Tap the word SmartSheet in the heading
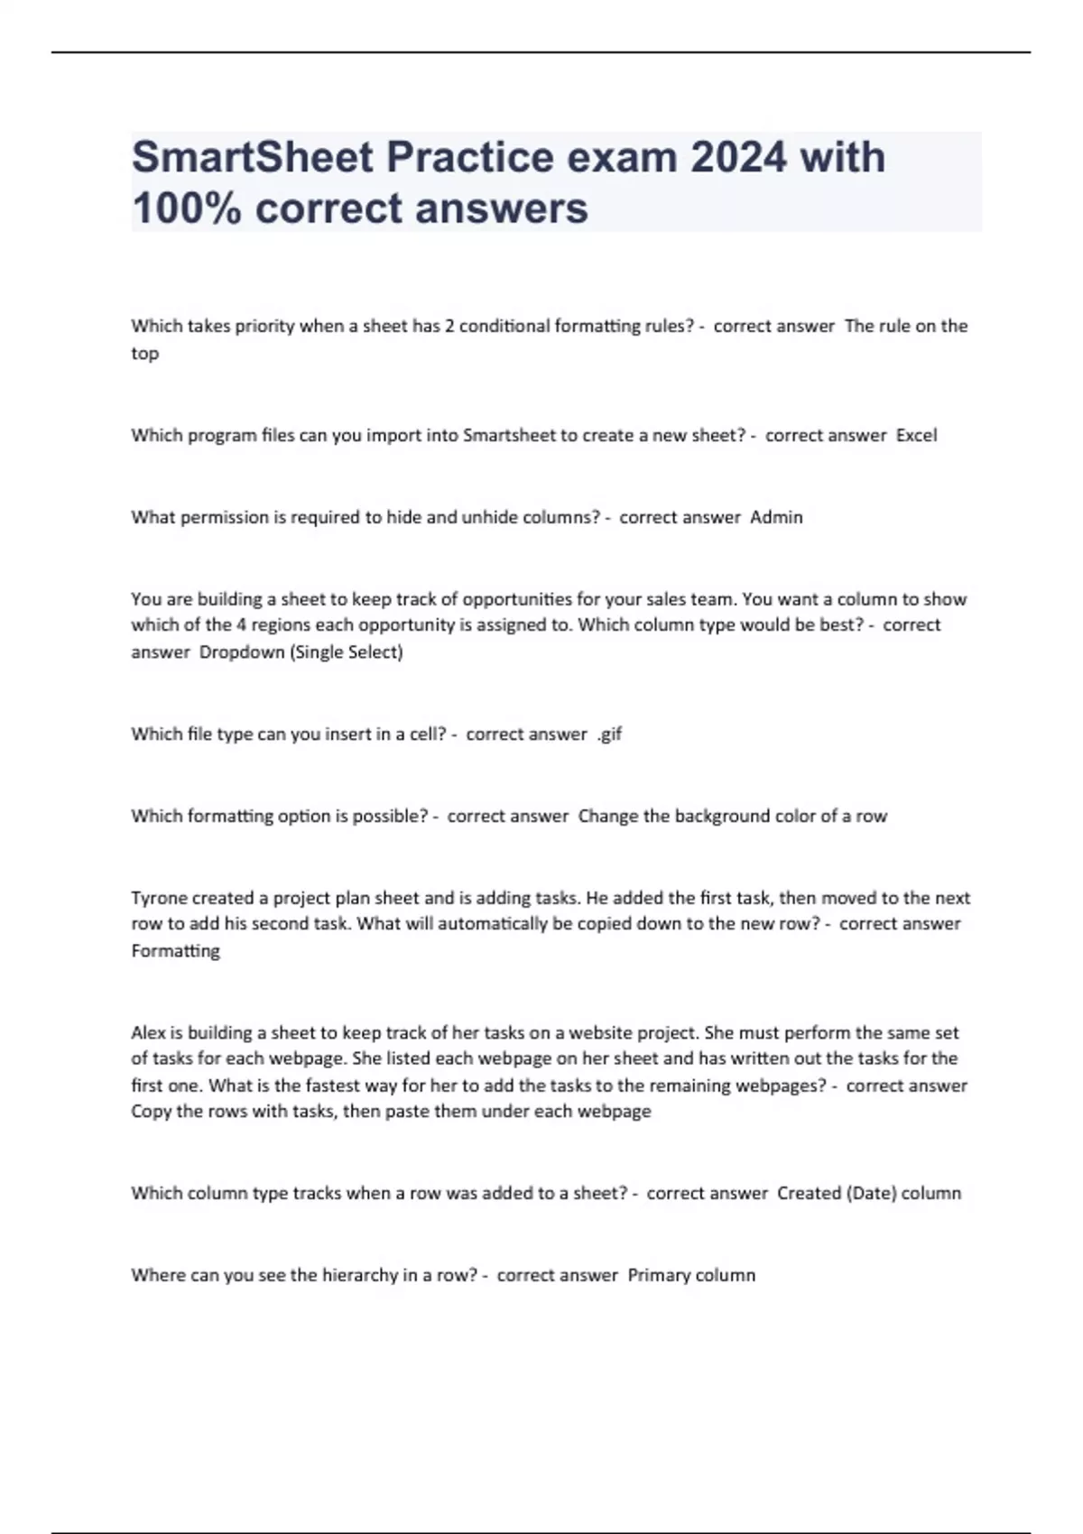tap(253, 157)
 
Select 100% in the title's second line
tap(187, 208)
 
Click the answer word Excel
tap(916, 435)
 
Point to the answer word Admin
tap(776, 517)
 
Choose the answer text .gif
tap(609, 734)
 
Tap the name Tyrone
tap(158, 898)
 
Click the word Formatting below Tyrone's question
tap(175, 950)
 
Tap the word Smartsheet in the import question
tap(509, 435)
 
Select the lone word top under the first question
tap(145, 354)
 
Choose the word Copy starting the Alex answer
tap(152, 1112)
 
